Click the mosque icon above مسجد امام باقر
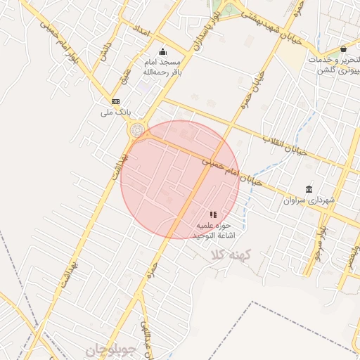tap(163, 51)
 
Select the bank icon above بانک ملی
tap(115, 101)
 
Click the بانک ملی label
tap(116, 112)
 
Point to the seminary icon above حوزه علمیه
tap(213, 214)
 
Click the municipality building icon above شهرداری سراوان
tap(309, 188)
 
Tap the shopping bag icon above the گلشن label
tap(342, 49)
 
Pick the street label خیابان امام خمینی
tap(233, 171)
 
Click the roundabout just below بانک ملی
tap(136, 130)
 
